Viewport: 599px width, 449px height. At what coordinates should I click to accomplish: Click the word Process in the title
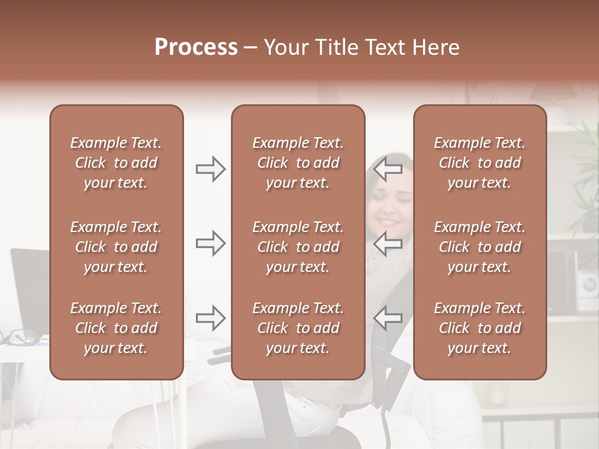tap(196, 47)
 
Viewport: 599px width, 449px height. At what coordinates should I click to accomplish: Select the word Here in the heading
tap(435, 47)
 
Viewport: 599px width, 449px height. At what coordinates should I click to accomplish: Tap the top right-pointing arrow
tap(210, 168)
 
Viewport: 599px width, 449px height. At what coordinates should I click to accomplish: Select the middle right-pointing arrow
tap(210, 243)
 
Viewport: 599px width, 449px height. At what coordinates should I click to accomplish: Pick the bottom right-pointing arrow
tap(210, 318)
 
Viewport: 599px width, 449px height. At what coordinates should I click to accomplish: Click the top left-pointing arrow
tap(388, 168)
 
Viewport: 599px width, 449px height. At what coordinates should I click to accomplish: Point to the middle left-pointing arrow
tap(388, 243)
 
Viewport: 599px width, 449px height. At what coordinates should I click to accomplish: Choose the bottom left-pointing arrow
tap(388, 318)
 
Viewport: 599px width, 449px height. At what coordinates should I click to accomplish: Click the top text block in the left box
tap(116, 163)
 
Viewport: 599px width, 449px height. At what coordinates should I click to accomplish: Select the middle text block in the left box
tap(116, 247)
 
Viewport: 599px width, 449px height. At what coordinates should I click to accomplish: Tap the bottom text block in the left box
tap(116, 328)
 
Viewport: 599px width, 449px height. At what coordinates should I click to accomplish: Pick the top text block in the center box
tap(298, 163)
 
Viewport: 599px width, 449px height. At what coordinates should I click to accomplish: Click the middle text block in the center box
tap(298, 247)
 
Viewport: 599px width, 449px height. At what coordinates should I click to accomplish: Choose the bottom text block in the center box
tap(298, 328)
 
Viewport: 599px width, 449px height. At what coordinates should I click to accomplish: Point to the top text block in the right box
tap(479, 163)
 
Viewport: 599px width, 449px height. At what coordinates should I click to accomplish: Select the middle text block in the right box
tap(479, 247)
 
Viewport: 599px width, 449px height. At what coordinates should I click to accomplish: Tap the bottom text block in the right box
tap(479, 328)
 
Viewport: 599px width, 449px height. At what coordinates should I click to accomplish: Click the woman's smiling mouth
tap(389, 221)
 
